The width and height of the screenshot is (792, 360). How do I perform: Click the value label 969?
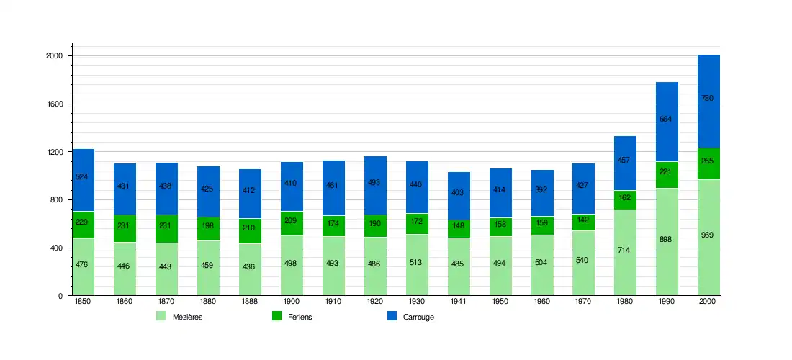(707, 235)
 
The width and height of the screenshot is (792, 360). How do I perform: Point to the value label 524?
(82, 176)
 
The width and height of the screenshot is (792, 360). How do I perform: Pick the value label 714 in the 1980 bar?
(625, 250)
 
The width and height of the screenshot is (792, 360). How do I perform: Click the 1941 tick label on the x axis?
(458, 302)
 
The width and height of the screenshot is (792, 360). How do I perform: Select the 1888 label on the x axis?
(249, 302)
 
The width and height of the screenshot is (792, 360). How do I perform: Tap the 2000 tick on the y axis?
(55, 56)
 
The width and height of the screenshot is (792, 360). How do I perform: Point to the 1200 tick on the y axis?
(55, 152)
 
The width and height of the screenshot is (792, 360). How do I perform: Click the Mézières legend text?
(187, 317)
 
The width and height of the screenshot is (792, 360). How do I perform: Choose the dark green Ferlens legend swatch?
(276, 316)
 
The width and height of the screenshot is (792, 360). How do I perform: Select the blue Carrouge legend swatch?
(392, 316)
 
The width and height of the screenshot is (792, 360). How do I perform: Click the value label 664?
(665, 120)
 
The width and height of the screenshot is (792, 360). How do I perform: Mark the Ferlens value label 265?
(707, 161)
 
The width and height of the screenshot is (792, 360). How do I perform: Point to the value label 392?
(541, 190)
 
